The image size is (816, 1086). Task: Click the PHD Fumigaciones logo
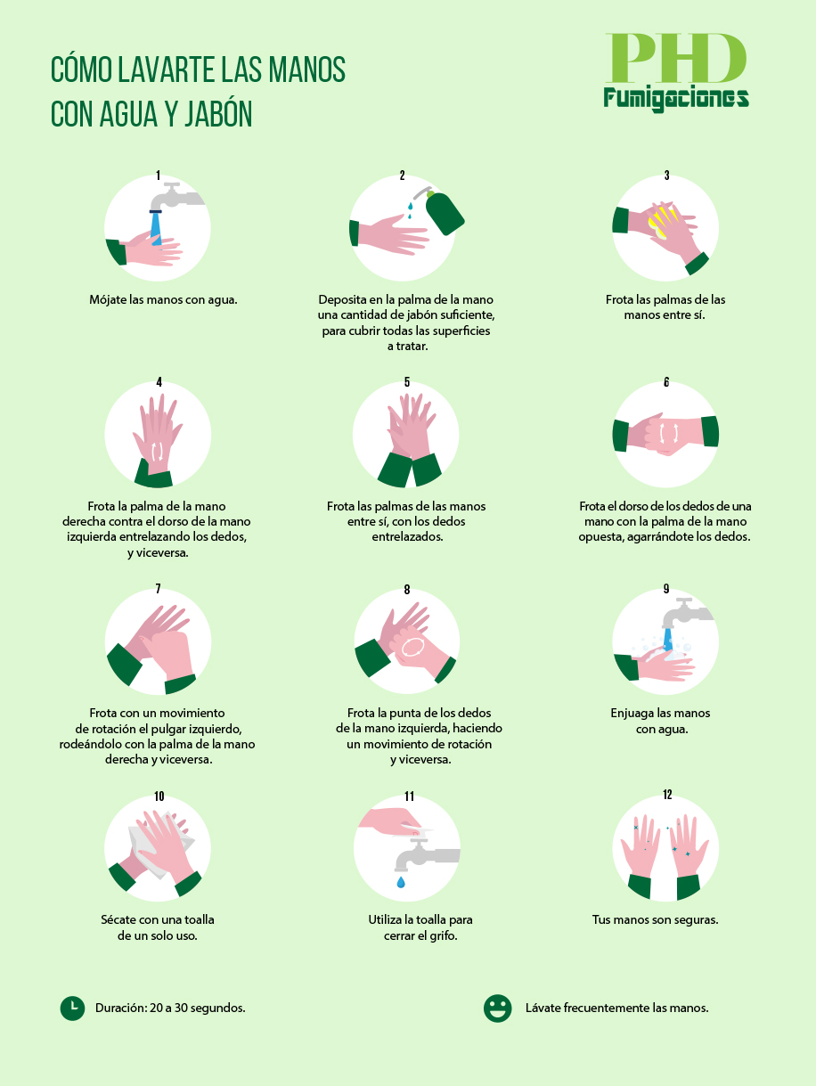point(675,72)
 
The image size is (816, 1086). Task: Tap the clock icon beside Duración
point(72,1008)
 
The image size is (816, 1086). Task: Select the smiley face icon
point(497,1008)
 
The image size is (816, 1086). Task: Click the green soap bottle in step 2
point(445,212)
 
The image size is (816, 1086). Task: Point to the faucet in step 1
point(175,197)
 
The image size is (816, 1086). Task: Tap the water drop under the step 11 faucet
point(401,882)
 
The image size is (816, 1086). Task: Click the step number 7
point(159,589)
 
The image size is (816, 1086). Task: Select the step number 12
point(667,795)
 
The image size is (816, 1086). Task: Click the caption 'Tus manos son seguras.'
point(656,919)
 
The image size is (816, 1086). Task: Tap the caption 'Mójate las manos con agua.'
point(163,299)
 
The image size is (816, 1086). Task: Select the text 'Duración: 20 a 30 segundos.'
point(170,1008)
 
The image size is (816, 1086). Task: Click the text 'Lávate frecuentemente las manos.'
point(617,1008)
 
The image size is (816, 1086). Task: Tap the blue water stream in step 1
point(156,229)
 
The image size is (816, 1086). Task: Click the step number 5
point(406,382)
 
